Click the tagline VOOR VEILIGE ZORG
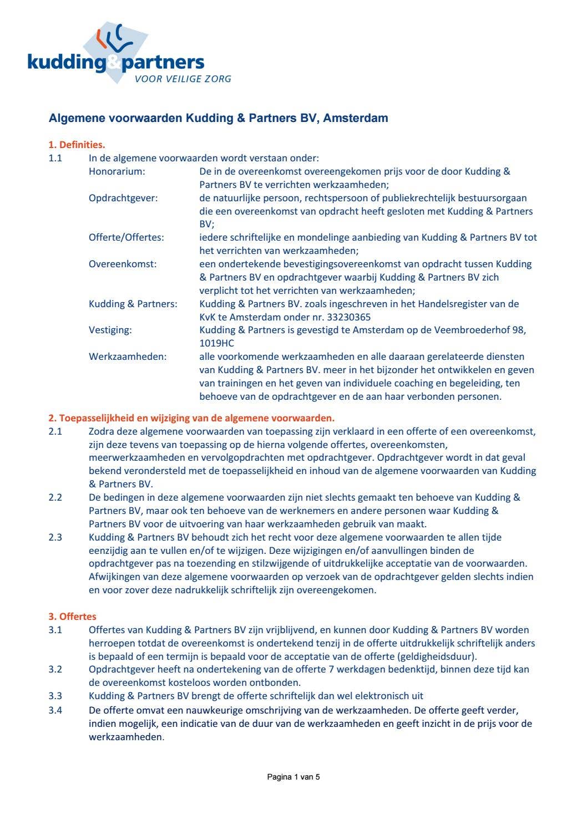(x=183, y=79)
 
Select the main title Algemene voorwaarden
(x=218, y=118)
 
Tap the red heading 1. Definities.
(x=77, y=145)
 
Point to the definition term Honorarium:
(x=117, y=171)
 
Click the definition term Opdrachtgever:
(x=123, y=198)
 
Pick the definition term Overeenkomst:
(x=123, y=264)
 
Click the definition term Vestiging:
(x=110, y=330)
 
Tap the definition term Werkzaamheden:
(x=127, y=357)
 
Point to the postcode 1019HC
(x=217, y=343)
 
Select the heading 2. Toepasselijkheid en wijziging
(x=191, y=417)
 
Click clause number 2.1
(x=55, y=431)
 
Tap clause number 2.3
(x=55, y=537)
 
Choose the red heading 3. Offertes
(x=72, y=617)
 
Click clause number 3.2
(x=55, y=669)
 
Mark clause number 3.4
(x=55, y=710)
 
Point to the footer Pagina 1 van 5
(x=293, y=777)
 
